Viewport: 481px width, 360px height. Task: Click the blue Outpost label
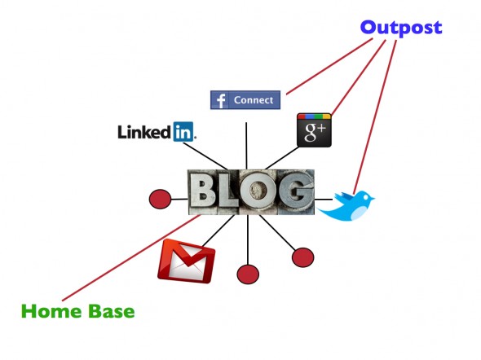[401, 29]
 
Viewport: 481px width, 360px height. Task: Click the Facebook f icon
[219, 100]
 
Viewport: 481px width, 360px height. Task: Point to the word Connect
[254, 100]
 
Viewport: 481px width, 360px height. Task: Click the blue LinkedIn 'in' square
[183, 132]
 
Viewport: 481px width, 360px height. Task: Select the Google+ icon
[314, 130]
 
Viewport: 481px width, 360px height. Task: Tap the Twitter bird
[346, 205]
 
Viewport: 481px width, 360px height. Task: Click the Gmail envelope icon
[186, 261]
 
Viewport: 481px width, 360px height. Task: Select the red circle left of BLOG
[160, 200]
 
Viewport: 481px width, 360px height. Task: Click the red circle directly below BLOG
[248, 274]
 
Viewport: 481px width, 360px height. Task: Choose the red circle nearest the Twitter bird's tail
[302, 257]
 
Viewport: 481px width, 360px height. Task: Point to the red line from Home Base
[131, 257]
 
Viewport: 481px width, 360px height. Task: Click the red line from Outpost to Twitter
[374, 117]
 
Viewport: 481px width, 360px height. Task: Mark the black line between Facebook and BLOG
[246, 146]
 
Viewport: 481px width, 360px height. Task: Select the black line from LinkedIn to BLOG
[205, 156]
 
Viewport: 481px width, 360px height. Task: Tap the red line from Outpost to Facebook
[329, 66]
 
